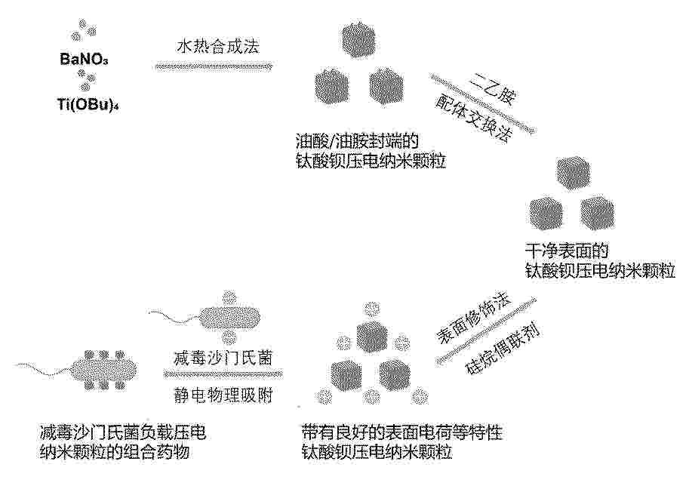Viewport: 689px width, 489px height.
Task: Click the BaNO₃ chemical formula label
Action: (x=84, y=59)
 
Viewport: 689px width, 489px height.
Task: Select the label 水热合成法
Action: (x=218, y=46)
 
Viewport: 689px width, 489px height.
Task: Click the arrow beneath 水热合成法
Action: (x=214, y=66)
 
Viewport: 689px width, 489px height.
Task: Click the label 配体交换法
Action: (x=474, y=118)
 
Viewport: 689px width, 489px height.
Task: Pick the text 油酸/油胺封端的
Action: (x=357, y=140)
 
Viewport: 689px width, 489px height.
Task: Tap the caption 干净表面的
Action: (x=567, y=251)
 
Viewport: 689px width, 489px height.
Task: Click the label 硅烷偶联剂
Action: (x=503, y=349)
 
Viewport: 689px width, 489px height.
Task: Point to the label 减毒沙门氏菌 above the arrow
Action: (x=223, y=358)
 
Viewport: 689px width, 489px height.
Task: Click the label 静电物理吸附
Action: (x=223, y=395)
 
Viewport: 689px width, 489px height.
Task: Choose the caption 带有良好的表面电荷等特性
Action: (x=401, y=432)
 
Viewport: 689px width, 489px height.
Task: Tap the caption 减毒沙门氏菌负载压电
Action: (x=123, y=432)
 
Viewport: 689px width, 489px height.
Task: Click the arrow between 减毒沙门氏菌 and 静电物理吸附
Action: (x=223, y=375)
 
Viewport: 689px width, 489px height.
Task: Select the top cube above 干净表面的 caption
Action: (x=573, y=172)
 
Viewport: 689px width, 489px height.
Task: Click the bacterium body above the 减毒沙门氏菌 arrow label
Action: (x=230, y=316)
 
